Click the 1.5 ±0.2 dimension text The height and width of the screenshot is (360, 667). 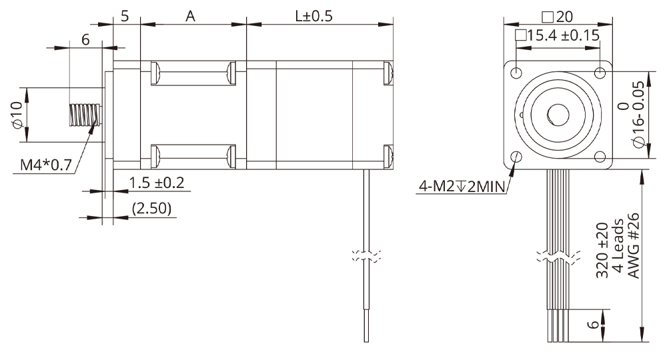156,183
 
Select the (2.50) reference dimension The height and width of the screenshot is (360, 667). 152,208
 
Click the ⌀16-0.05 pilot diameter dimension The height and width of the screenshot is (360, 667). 630,115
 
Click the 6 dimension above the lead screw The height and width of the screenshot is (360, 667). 85,39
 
